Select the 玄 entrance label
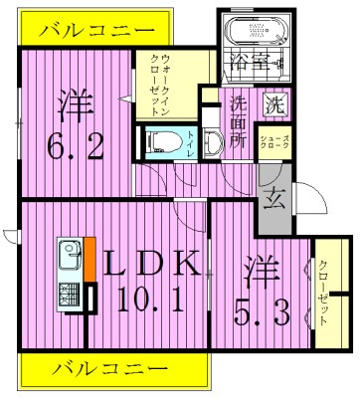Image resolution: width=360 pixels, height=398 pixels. [273, 196]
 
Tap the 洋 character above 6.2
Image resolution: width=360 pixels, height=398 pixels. [76, 103]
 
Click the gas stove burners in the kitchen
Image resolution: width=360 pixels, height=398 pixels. [71, 295]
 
